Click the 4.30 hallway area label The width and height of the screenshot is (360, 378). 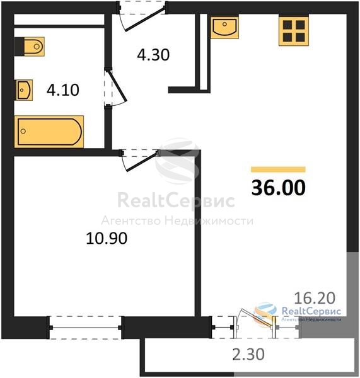(x=153, y=55)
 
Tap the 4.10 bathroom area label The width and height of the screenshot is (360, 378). (x=63, y=90)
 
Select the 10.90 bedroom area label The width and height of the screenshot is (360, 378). (x=107, y=238)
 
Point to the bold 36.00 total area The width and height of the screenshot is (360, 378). (x=279, y=188)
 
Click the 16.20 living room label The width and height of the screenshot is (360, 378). (x=315, y=298)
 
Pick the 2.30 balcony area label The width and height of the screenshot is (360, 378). (x=248, y=355)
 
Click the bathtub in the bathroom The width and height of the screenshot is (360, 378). (x=49, y=132)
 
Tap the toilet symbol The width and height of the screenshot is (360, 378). (x=30, y=47)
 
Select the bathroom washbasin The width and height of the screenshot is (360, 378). (x=25, y=90)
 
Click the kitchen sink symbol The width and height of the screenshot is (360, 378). (x=224, y=28)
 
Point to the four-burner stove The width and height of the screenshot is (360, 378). (x=294, y=31)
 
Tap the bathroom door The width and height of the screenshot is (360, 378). (x=115, y=88)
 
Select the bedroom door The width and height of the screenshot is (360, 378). (x=140, y=160)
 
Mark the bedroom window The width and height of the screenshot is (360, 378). (x=85, y=328)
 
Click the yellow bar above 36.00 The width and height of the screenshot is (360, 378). (x=278, y=169)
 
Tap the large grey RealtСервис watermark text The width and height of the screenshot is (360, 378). (x=176, y=200)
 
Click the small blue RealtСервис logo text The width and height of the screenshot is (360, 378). (x=311, y=311)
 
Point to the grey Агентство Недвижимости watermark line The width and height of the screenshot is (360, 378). (x=177, y=220)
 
